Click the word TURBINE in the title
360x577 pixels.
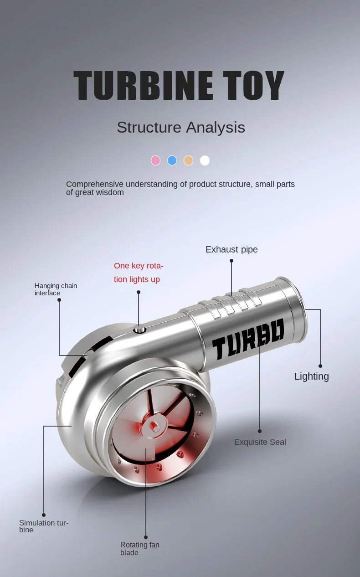coord(144,85)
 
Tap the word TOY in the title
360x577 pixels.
coord(253,85)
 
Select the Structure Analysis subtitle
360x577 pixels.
coord(181,127)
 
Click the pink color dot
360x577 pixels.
coord(155,160)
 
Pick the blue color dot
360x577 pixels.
coord(172,160)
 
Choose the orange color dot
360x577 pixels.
coord(188,160)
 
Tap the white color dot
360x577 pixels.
coord(205,160)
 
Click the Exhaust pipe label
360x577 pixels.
coord(231,249)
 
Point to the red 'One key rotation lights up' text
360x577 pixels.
coord(139,273)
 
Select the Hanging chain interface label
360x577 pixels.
coord(56,289)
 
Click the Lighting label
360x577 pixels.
coord(312,376)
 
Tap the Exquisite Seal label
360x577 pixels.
coord(260,442)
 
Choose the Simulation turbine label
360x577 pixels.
coord(44,526)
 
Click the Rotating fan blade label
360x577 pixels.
coord(140,549)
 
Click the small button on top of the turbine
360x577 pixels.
coord(140,330)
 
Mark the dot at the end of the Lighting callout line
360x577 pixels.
coord(320,366)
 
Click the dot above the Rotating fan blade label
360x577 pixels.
coord(146,537)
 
